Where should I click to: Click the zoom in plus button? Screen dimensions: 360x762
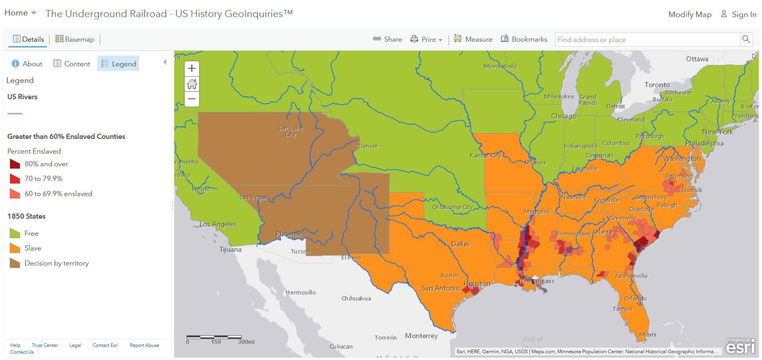[x=191, y=69]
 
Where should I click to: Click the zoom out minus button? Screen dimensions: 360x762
[x=191, y=99]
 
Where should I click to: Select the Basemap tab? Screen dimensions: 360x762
[x=75, y=39]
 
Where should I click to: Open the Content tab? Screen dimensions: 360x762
[x=72, y=63]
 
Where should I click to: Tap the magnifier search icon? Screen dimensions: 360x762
[x=746, y=39]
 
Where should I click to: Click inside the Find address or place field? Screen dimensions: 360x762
[x=647, y=40]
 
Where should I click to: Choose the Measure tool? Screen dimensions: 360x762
[x=473, y=39]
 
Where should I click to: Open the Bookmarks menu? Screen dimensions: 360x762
[x=524, y=39]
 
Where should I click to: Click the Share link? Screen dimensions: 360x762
[x=387, y=39]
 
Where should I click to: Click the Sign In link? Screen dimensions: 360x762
[x=739, y=14]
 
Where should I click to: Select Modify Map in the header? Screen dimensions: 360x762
[x=690, y=14]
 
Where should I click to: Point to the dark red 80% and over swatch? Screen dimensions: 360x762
[x=15, y=164]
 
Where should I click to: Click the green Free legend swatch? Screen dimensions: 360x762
[x=15, y=233]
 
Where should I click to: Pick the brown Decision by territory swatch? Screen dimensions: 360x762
[x=15, y=263]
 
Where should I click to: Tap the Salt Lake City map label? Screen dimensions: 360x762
[x=291, y=131]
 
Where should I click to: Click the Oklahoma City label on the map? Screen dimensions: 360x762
[x=452, y=207]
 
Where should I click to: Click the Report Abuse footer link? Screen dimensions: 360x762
[x=144, y=345]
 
